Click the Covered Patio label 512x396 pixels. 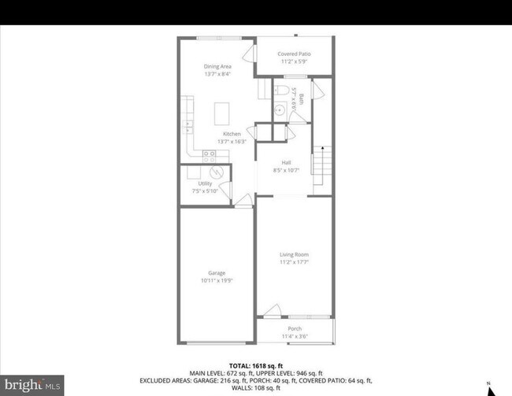click(293, 54)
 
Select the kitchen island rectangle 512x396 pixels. click(223, 113)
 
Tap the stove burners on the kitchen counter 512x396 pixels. click(210, 156)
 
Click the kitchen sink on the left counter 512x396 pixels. click(188, 122)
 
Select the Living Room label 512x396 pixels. click(295, 254)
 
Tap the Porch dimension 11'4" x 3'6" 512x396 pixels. click(295, 336)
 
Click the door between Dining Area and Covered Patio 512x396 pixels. click(250, 54)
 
